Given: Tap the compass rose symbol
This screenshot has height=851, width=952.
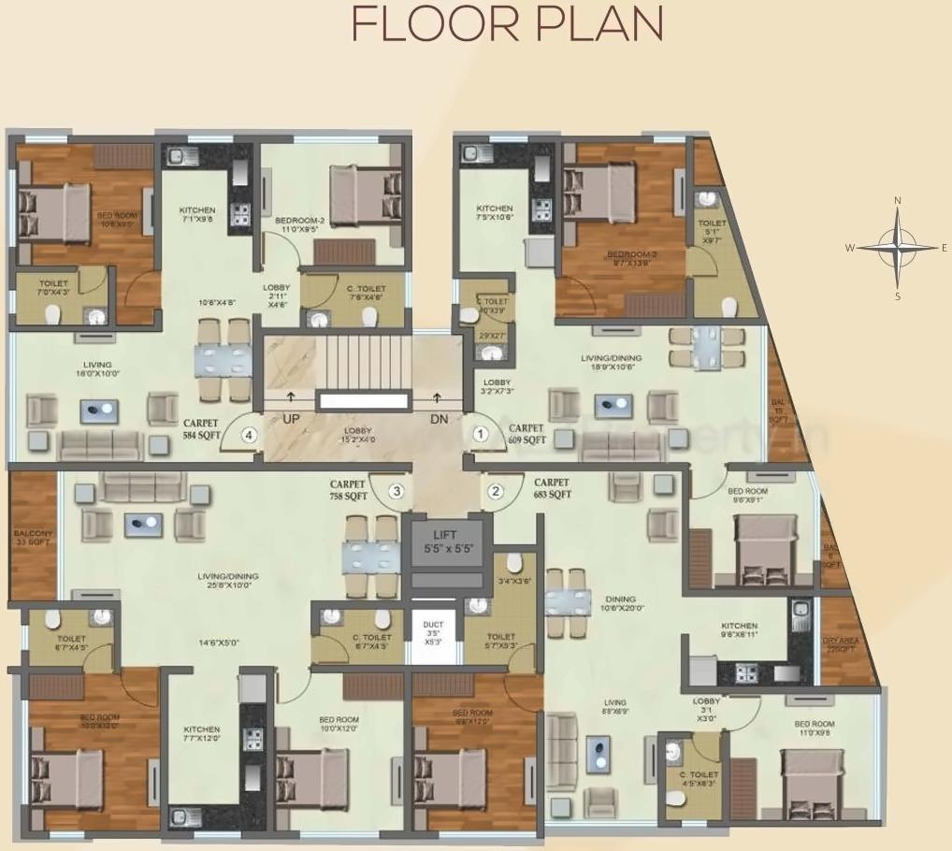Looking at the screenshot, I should (897, 247).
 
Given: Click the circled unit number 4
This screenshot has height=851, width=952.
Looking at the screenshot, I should (249, 434).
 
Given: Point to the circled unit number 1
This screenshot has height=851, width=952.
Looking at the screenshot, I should (480, 434).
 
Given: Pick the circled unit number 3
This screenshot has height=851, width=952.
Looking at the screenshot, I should (397, 491).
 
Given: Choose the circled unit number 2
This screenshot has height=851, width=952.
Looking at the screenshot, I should (496, 491).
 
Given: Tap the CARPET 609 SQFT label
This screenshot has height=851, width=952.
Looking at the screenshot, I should (526, 433).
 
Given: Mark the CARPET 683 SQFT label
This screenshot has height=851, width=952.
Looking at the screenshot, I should (553, 489).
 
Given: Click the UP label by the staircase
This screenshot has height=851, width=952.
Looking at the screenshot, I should (291, 420).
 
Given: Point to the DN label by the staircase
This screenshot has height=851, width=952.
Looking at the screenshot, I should (439, 420).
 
